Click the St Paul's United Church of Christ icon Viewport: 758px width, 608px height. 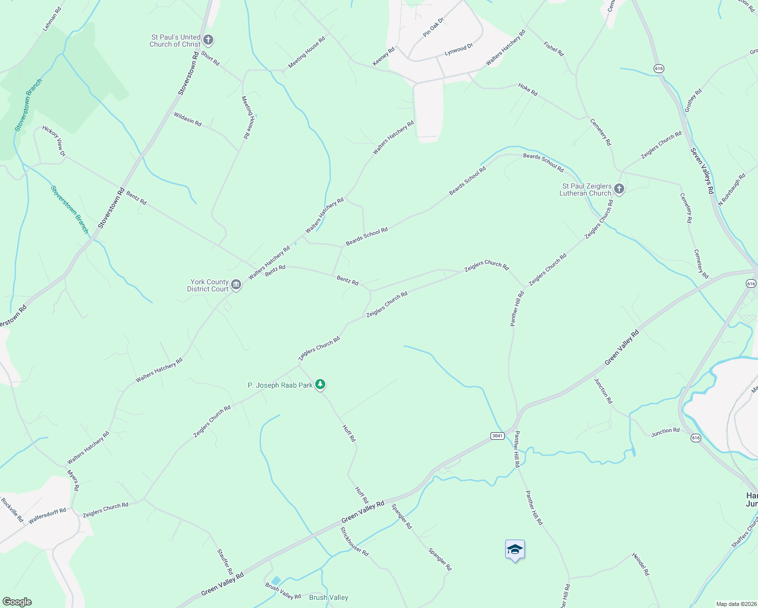click(208, 40)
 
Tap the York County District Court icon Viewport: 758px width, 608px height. click(236, 285)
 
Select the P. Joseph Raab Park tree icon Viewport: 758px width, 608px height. click(320, 385)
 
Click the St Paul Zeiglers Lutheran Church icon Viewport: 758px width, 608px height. click(619, 189)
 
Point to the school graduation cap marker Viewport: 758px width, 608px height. click(515, 550)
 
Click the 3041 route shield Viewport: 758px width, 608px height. click(497, 436)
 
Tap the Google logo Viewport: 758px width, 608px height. click(17, 602)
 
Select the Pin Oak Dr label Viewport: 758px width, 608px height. click(433, 27)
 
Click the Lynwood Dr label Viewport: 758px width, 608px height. click(459, 50)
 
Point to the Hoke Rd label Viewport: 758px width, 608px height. click(527, 90)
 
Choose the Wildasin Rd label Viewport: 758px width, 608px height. click(187, 120)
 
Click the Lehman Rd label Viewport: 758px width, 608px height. click(52, 19)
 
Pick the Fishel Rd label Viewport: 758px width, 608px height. click(553, 49)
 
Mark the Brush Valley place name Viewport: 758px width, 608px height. click(328, 598)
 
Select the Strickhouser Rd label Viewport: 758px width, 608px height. click(354, 542)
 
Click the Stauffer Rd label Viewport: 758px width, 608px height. click(224, 561)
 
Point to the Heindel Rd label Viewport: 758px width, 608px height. click(640, 564)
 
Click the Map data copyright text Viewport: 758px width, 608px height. click(736, 604)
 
